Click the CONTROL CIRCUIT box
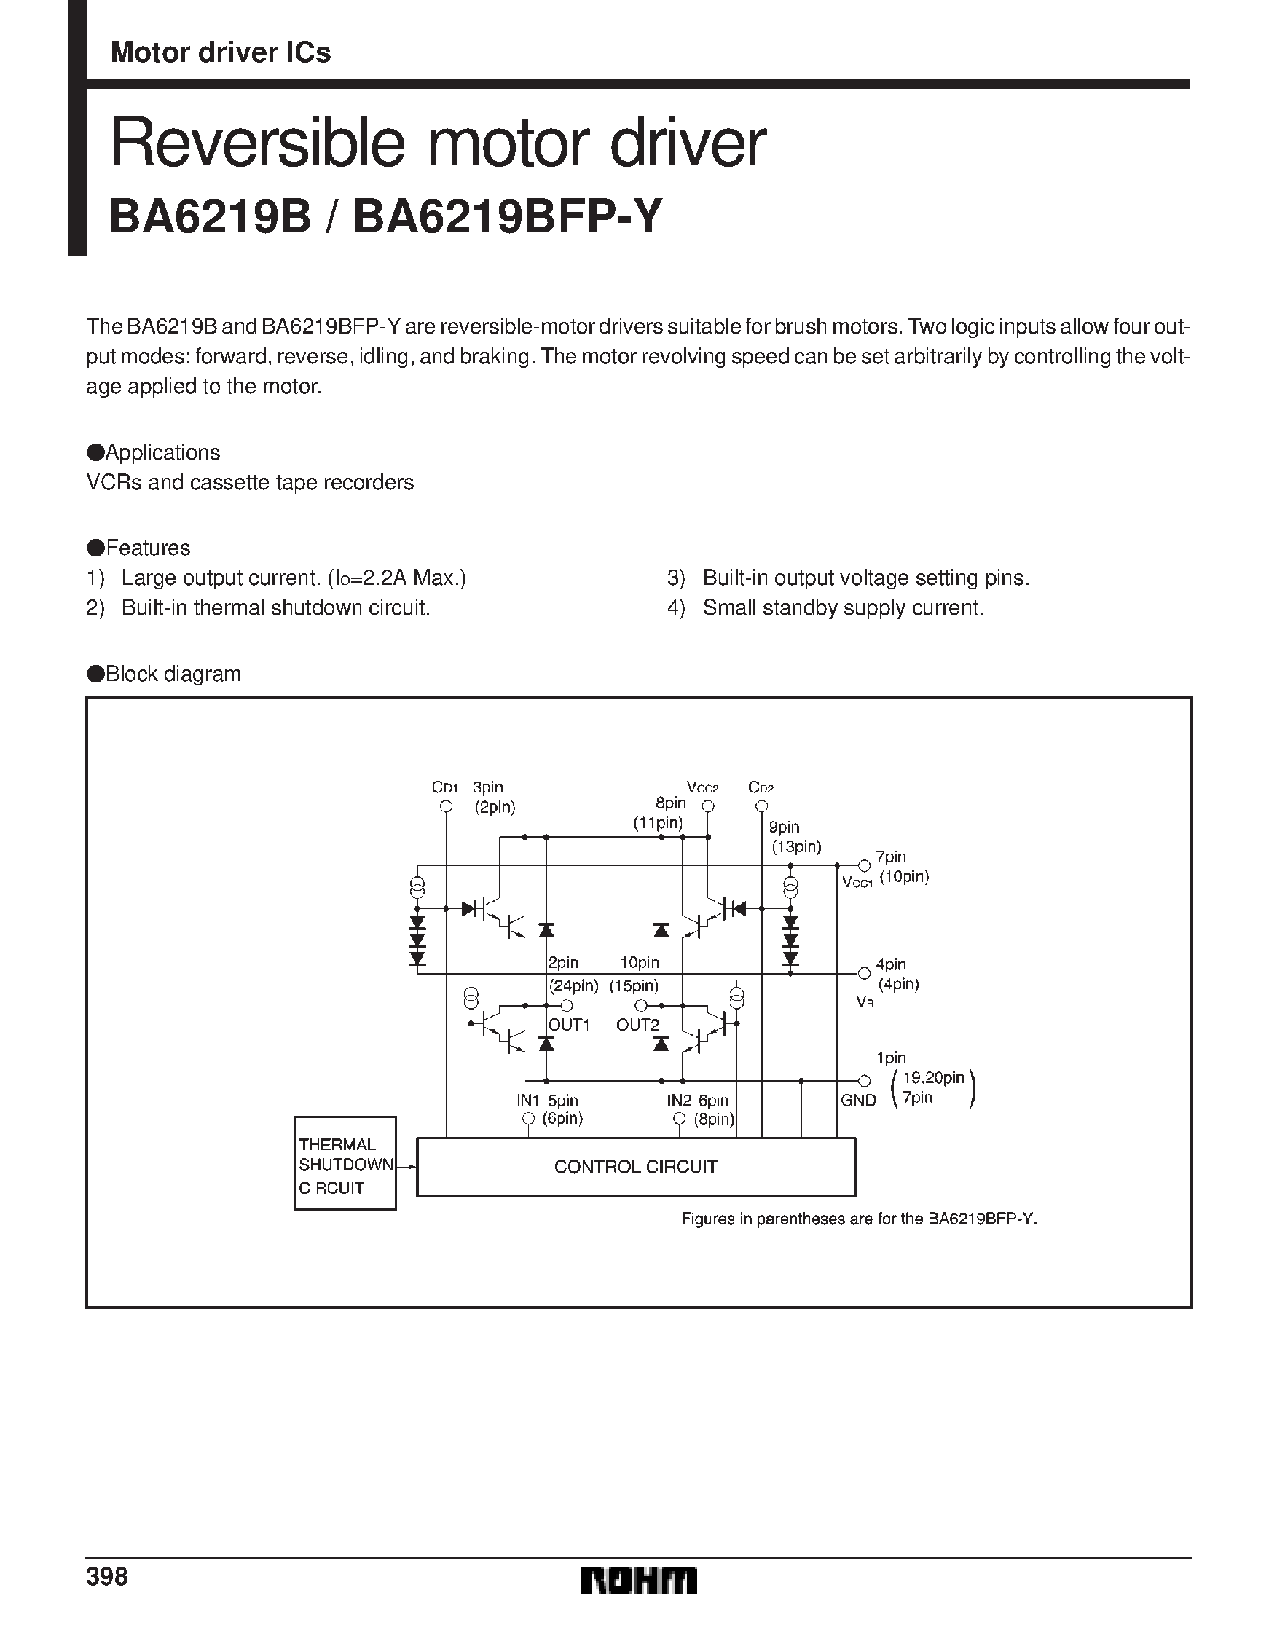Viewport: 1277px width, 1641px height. [x=635, y=1166]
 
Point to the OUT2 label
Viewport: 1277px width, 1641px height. [x=637, y=1025]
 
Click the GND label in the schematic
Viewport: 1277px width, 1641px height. [x=858, y=1100]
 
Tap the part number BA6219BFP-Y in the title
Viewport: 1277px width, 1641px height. [x=508, y=216]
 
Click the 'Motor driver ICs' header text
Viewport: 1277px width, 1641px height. [x=220, y=52]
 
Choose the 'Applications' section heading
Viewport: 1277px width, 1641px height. [x=162, y=452]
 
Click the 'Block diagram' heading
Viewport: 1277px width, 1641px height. [x=173, y=673]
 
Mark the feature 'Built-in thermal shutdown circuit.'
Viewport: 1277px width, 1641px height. [x=276, y=607]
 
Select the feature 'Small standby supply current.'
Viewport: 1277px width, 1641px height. [x=843, y=607]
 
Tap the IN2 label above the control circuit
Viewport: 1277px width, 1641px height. [x=679, y=1100]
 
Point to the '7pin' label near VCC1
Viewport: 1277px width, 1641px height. [x=891, y=857]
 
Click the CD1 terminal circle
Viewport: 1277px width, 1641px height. [x=446, y=807]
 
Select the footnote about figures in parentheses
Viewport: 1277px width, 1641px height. [x=858, y=1219]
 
